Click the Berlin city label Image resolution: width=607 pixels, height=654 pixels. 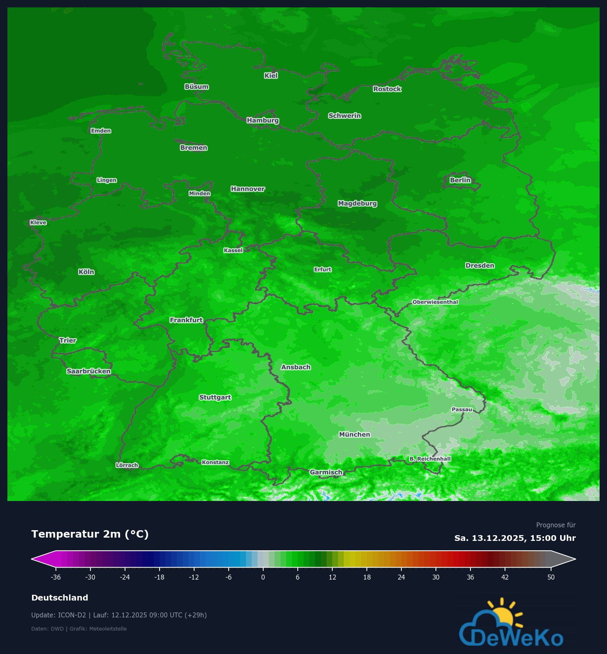point(460,180)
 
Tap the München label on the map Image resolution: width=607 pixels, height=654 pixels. point(354,434)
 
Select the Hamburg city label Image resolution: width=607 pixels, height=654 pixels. point(263,121)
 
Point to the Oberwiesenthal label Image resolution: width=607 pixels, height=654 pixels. point(435,302)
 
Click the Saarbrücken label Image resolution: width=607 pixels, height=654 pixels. point(89,371)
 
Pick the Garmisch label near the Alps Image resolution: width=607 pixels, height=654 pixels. point(326,472)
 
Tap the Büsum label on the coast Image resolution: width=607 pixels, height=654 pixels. point(197,87)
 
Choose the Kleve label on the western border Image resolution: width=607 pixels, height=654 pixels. point(38,223)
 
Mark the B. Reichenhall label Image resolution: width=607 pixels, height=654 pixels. point(430,459)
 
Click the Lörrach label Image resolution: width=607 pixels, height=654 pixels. point(127,465)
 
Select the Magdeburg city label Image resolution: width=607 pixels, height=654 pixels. point(357,204)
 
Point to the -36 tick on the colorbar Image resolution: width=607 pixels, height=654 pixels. point(56,577)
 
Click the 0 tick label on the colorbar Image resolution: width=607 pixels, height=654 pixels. point(263,577)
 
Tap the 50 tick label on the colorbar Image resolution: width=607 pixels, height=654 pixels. point(551,577)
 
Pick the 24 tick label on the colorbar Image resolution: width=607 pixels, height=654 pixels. point(401,577)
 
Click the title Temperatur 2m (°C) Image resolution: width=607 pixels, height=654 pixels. point(90,534)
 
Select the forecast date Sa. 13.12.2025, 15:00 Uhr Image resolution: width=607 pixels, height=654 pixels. point(515,538)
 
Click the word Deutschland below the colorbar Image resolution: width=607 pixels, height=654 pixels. point(60,598)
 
